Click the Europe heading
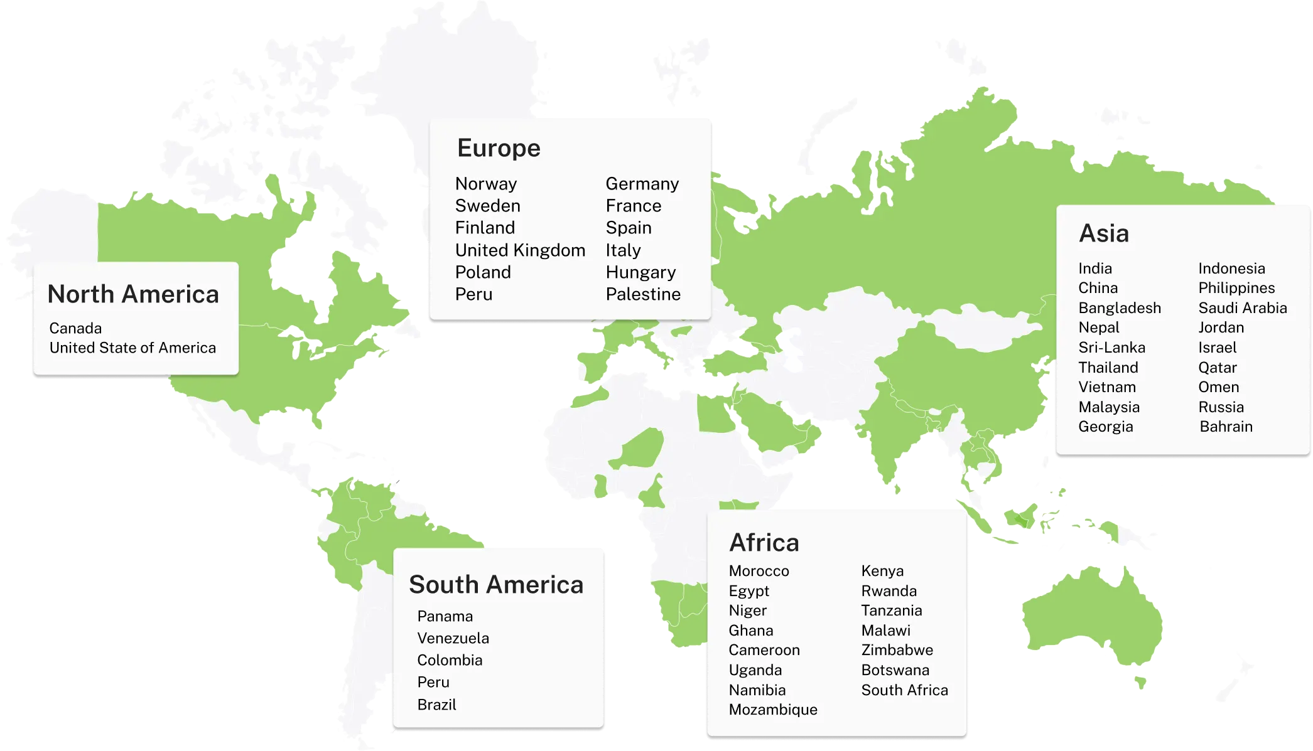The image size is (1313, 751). (x=499, y=149)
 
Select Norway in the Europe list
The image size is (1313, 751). (x=486, y=184)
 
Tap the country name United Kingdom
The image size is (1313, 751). (x=520, y=250)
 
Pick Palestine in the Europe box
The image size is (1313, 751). (x=643, y=294)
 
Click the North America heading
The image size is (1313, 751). (x=133, y=294)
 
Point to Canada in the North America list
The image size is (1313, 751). (x=75, y=328)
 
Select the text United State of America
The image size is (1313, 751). (x=132, y=348)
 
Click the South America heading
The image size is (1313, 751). (x=496, y=585)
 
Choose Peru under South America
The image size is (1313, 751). (x=433, y=682)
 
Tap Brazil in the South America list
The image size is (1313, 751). (x=436, y=705)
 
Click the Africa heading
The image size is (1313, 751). (x=764, y=543)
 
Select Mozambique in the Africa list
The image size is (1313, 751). (x=773, y=710)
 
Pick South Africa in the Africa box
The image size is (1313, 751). (x=904, y=690)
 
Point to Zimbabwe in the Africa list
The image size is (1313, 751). (x=897, y=650)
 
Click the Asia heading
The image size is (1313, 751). (x=1104, y=233)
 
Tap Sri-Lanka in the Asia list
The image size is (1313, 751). (x=1111, y=348)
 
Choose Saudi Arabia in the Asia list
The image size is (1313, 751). (x=1242, y=308)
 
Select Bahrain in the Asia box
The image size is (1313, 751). (x=1226, y=427)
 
